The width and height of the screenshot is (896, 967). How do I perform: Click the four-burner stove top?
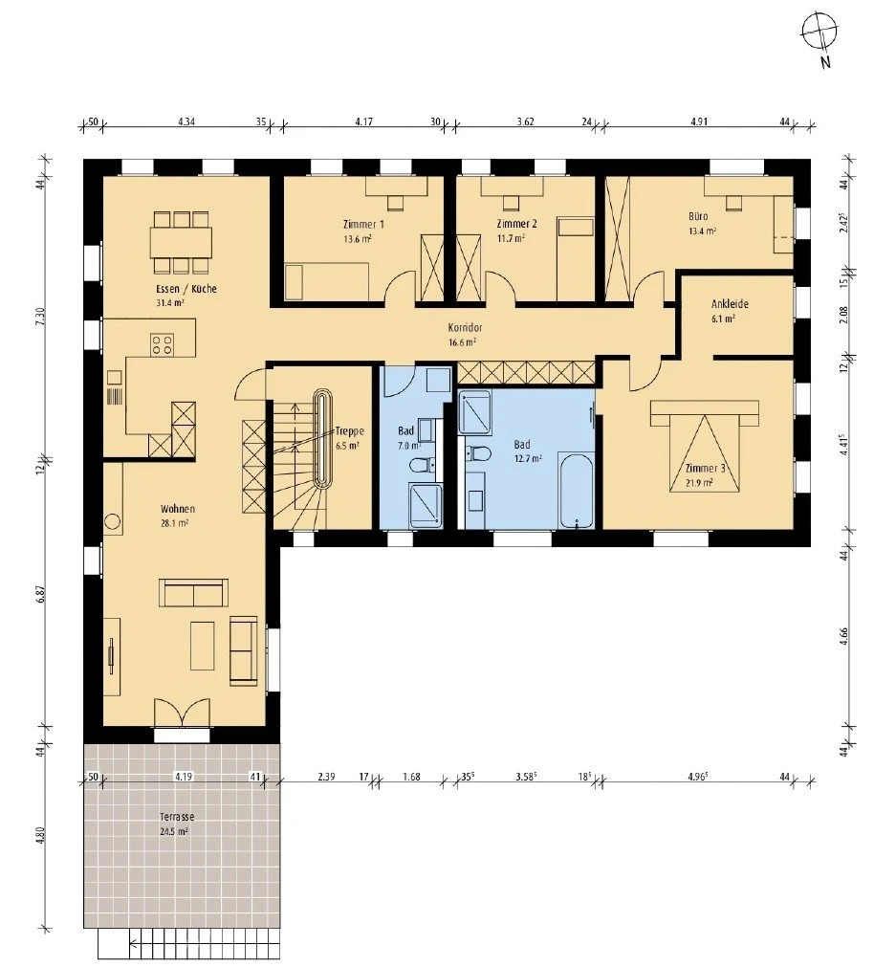(162, 343)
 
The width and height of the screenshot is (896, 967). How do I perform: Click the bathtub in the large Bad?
(577, 491)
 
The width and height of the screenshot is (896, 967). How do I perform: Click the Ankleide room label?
(729, 304)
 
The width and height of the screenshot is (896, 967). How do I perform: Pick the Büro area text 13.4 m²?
(702, 231)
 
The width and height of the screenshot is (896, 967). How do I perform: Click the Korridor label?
(463, 326)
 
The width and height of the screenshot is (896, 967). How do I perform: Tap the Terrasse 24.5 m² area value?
(173, 831)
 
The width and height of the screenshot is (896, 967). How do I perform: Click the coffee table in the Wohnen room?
(204, 646)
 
